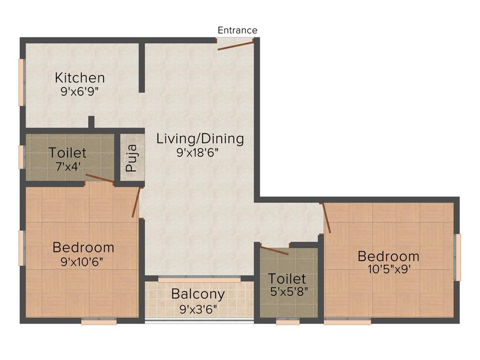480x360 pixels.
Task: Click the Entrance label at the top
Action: click(237, 30)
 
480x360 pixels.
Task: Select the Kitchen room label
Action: click(80, 77)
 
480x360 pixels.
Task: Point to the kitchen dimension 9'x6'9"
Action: click(80, 91)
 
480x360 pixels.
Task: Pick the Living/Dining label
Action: click(200, 139)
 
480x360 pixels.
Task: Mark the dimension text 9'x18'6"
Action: click(198, 152)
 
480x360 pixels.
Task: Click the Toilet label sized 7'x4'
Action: click(67, 153)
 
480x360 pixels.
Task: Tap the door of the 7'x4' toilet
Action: click(99, 179)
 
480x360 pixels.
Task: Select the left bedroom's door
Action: click(136, 202)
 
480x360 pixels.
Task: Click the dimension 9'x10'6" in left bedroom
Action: click(82, 262)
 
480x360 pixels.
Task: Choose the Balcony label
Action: click(198, 294)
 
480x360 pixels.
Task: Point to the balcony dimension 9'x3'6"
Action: click(198, 309)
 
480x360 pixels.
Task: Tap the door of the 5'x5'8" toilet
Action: click(274, 251)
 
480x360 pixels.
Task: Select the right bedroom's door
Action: click(326, 218)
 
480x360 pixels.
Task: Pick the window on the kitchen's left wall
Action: click(21, 82)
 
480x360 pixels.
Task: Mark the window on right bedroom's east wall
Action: click(458, 257)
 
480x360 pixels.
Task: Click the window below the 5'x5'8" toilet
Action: click(287, 322)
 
